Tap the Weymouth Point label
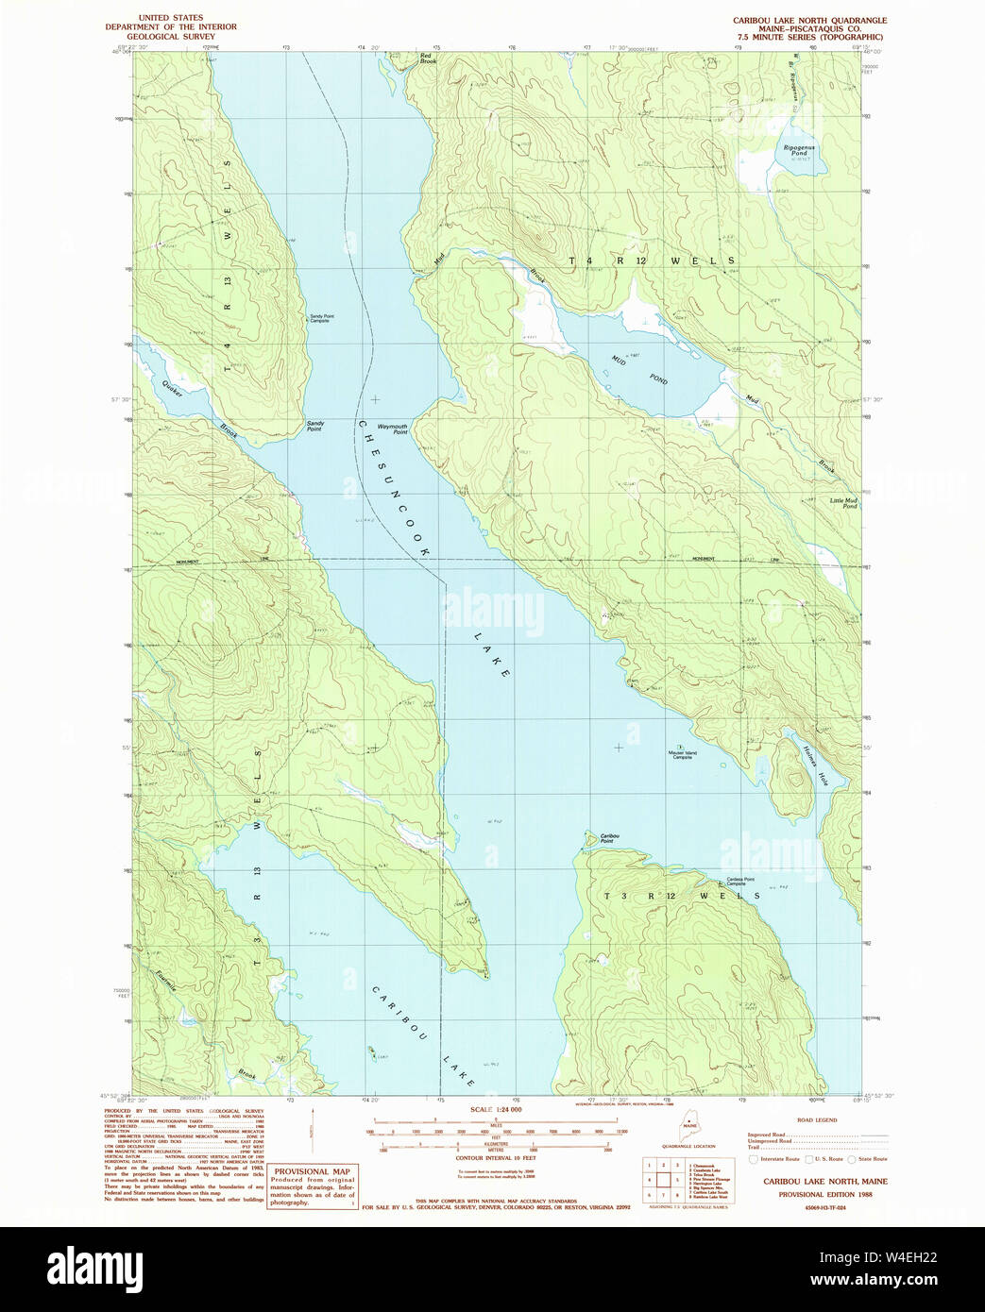pyautogui.click(x=393, y=429)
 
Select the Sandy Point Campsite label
pyautogui.click(x=320, y=319)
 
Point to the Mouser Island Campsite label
pyautogui.click(x=682, y=754)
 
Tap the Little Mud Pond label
pyautogui.click(x=843, y=503)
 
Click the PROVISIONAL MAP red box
pyautogui.click(x=313, y=1187)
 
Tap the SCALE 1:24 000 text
pyautogui.click(x=496, y=1110)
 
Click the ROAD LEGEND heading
pyautogui.click(x=817, y=1119)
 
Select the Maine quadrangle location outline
pyautogui.click(x=692, y=1127)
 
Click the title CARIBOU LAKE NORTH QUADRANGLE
pyautogui.click(x=809, y=20)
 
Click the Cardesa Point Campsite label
pyautogui.click(x=741, y=882)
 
